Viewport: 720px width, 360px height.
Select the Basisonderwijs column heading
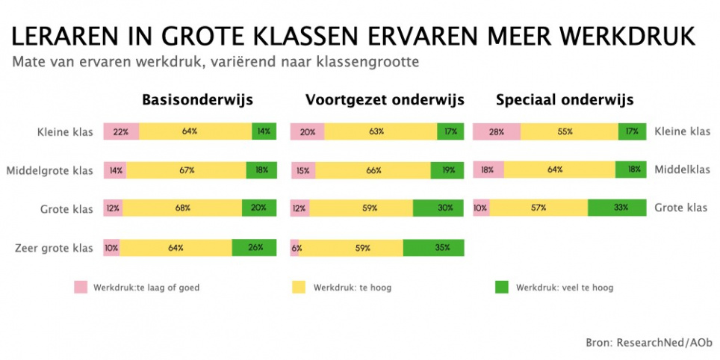(x=197, y=100)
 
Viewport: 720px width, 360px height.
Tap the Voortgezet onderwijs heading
(x=385, y=100)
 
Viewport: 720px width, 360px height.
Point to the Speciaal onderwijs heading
(x=565, y=100)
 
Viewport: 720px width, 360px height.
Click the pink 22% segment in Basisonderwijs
(x=121, y=131)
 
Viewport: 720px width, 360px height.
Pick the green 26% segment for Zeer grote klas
(x=254, y=247)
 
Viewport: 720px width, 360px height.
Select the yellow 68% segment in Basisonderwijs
(x=182, y=208)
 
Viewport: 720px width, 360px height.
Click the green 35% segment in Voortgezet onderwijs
(x=433, y=247)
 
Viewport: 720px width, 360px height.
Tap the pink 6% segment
(x=294, y=247)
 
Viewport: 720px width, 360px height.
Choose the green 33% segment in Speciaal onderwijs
(x=617, y=208)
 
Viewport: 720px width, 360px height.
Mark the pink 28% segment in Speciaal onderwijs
(x=497, y=131)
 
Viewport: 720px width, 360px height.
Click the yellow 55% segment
(x=569, y=131)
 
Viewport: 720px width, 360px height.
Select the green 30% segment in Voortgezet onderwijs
(x=438, y=208)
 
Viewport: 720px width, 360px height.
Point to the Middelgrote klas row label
(x=49, y=171)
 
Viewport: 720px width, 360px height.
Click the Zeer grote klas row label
(x=53, y=249)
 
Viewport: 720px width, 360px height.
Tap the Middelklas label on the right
(x=683, y=170)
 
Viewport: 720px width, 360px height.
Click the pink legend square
(x=81, y=288)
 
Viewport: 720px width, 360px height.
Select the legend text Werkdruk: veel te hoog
(x=565, y=288)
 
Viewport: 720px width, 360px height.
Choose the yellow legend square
(x=299, y=288)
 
